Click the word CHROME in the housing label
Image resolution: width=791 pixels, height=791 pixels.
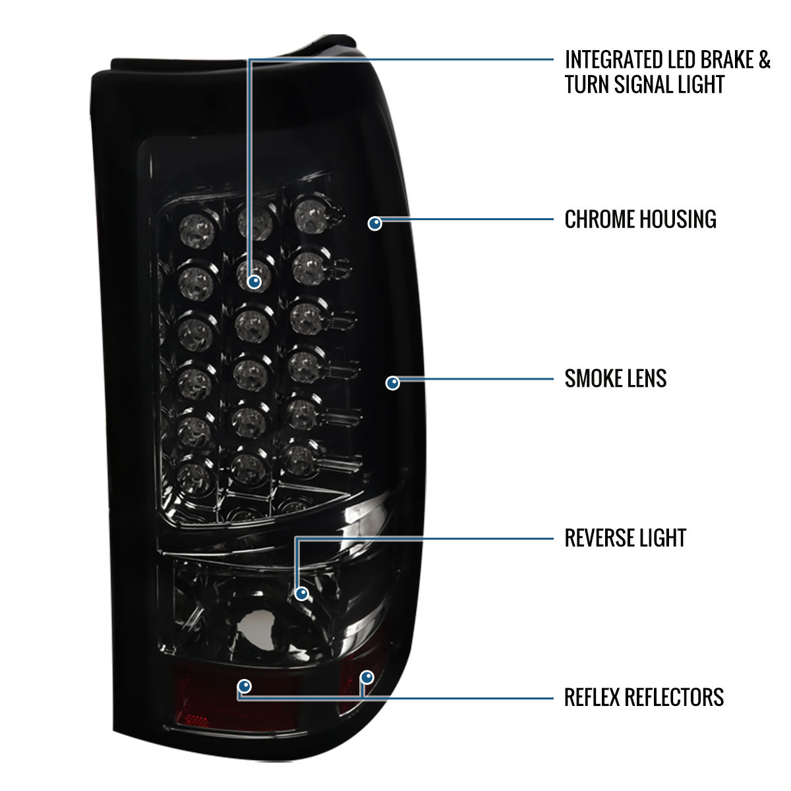point(600,220)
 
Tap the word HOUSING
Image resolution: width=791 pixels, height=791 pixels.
point(678,220)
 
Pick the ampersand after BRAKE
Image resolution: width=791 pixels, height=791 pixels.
point(765,60)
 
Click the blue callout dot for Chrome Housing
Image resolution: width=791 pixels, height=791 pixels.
point(375,223)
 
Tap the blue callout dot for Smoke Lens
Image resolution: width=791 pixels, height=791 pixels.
point(393,383)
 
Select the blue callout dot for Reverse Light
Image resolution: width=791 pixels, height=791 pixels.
point(302,593)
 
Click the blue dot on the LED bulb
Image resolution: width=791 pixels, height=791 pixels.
point(254,282)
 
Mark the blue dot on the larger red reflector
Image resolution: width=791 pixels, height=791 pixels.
point(245,686)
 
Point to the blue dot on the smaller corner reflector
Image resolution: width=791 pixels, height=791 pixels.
point(366,677)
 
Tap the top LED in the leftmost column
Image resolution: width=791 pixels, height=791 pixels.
point(198,231)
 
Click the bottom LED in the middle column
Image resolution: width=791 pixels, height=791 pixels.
point(249,469)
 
